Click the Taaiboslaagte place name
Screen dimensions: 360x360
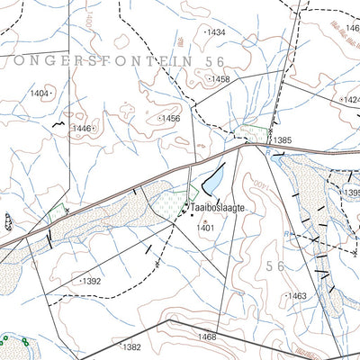click(219, 207)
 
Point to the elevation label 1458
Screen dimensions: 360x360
click(219, 79)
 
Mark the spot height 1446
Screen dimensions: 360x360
click(83, 129)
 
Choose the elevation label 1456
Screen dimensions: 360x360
click(169, 118)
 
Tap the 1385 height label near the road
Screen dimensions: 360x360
click(283, 140)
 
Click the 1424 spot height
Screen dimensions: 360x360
click(350, 99)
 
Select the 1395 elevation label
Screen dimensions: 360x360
click(351, 193)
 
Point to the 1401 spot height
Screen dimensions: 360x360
click(206, 228)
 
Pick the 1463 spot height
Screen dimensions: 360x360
click(296, 295)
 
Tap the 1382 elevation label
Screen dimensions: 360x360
click(131, 346)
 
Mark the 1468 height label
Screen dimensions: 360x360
click(207, 337)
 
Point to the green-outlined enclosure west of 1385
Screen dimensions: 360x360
click(247, 134)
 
